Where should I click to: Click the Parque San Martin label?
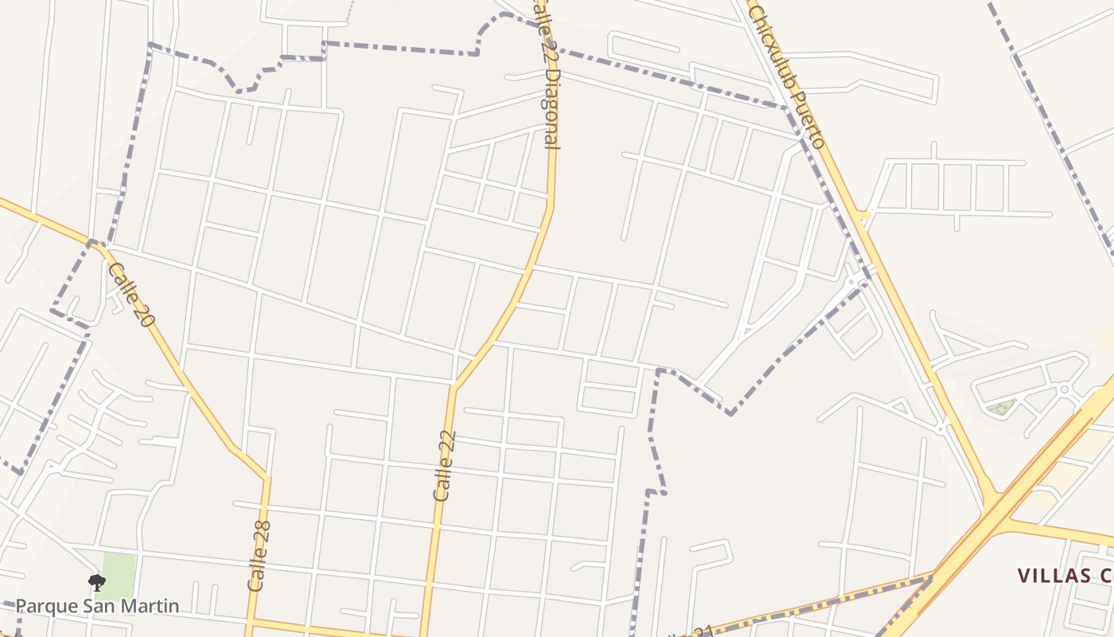(x=97, y=606)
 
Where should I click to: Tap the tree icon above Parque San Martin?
(x=96, y=584)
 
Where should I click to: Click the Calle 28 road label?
(x=259, y=556)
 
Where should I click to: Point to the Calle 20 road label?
(x=130, y=294)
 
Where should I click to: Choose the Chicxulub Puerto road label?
(x=785, y=76)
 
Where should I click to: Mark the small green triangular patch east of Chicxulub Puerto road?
(x=1001, y=408)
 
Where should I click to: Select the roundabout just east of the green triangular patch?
(x=1065, y=389)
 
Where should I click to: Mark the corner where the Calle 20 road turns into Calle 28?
(x=267, y=479)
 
